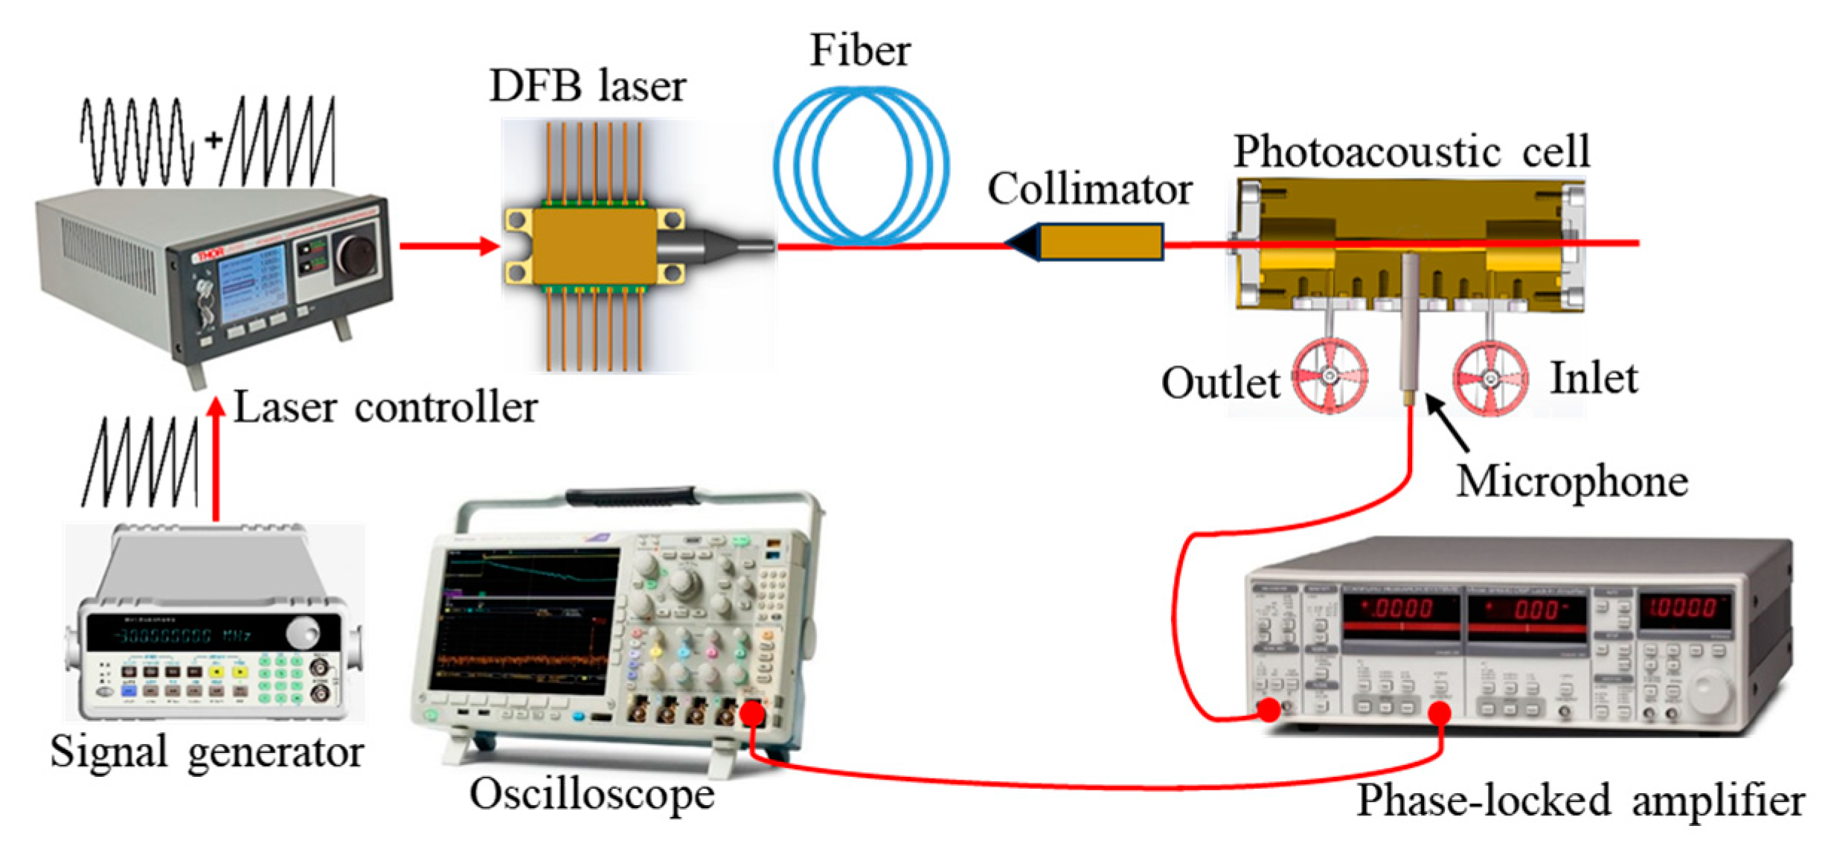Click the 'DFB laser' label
(x=587, y=86)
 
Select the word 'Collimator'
(x=1090, y=189)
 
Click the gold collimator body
(x=1100, y=243)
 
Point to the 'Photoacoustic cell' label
(x=1411, y=152)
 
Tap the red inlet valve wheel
(x=1490, y=378)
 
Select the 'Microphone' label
(x=1571, y=481)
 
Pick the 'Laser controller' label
(x=385, y=408)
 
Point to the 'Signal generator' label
(x=206, y=752)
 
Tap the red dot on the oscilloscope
(x=752, y=715)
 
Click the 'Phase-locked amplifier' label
(x=1579, y=801)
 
